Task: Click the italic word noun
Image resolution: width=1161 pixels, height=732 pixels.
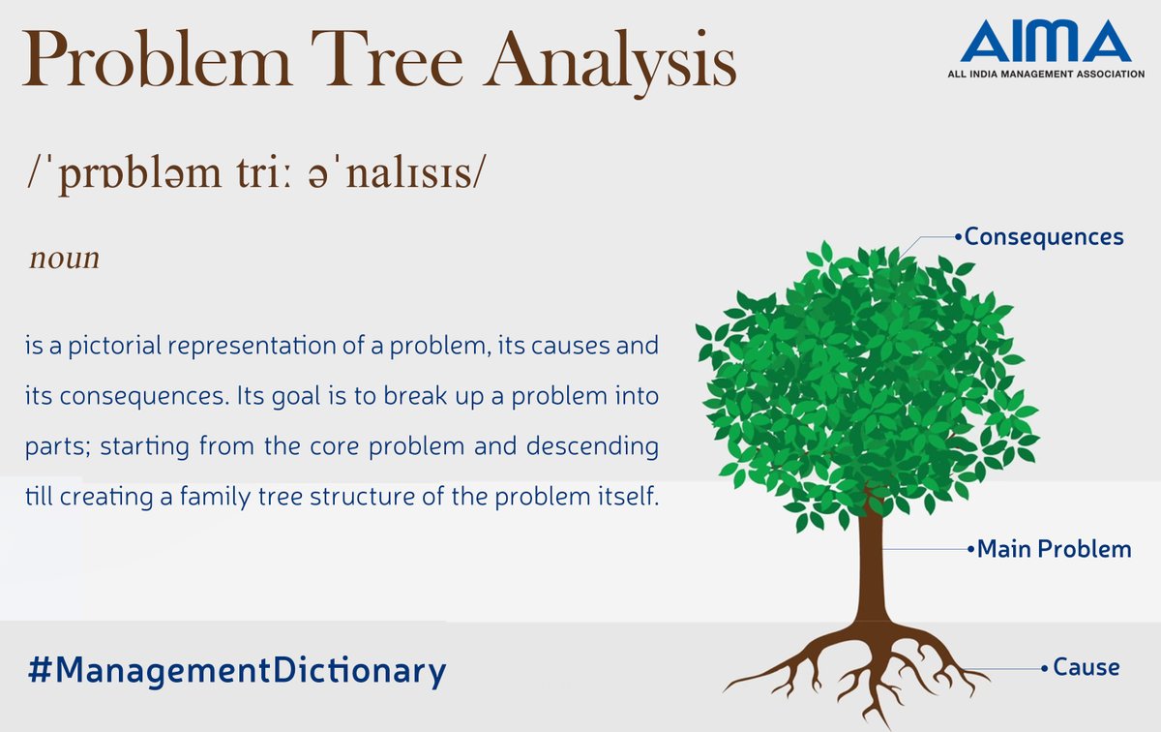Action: [x=64, y=259]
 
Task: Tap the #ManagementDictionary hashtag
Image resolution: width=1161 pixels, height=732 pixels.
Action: [x=237, y=670]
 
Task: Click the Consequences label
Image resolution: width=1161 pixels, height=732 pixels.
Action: [x=1043, y=236]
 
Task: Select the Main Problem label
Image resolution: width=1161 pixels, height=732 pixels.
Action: [x=1053, y=549]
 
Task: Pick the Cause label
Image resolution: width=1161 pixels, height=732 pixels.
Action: [x=1086, y=667]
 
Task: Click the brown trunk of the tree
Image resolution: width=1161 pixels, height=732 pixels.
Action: [x=870, y=571]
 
